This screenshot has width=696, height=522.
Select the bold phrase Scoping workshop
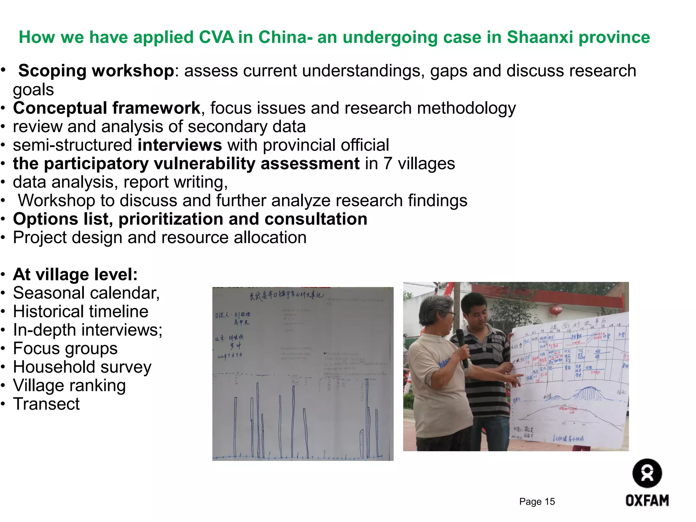(x=96, y=71)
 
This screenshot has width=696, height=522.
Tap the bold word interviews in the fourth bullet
(x=180, y=145)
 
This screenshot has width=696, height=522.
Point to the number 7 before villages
(x=388, y=163)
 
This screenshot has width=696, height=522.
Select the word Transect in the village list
(x=46, y=404)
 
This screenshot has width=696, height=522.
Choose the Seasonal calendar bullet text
(x=86, y=293)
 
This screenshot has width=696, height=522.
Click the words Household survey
(x=82, y=367)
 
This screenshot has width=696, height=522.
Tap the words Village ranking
(x=69, y=385)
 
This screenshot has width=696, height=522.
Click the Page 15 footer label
(x=537, y=502)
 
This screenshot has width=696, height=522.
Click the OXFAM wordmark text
(x=647, y=501)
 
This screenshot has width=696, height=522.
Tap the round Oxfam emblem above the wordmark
(x=647, y=473)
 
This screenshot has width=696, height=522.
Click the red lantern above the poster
(x=557, y=310)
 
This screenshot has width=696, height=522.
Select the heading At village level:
(x=75, y=274)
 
